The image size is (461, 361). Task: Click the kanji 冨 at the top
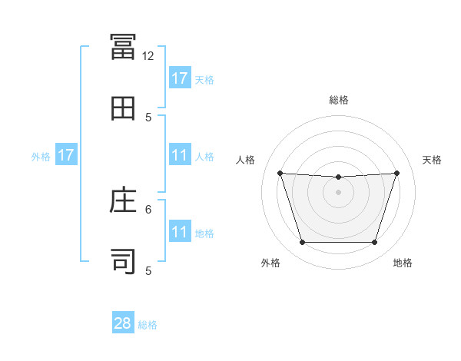[x=123, y=47]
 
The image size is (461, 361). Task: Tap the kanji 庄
[x=123, y=200]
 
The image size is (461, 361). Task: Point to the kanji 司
[x=123, y=261]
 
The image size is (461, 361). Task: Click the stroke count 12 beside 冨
[x=148, y=56]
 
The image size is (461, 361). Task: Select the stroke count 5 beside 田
[x=148, y=117]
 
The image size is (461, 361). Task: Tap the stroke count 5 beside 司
[x=148, y=270]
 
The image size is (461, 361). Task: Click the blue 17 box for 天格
[x=180, y=78]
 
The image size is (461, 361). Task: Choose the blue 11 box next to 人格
[x=180, y=155]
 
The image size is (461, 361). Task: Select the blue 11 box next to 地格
[x=180, y=232]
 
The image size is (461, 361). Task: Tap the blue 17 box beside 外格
[x=66, y=155]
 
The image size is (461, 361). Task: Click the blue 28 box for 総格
[x=123, y=323]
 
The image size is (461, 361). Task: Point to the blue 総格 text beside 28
[x=148, y=325]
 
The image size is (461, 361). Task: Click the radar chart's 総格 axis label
[x=339, y=100]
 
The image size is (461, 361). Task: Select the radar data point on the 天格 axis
[x=397, y=173]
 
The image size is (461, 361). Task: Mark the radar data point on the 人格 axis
[x=280, y=173]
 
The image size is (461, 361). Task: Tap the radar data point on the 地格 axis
[x=374, y=243]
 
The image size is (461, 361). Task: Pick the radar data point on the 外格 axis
[x=302, y=243]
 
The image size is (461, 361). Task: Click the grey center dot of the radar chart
[x=338, y=192]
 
